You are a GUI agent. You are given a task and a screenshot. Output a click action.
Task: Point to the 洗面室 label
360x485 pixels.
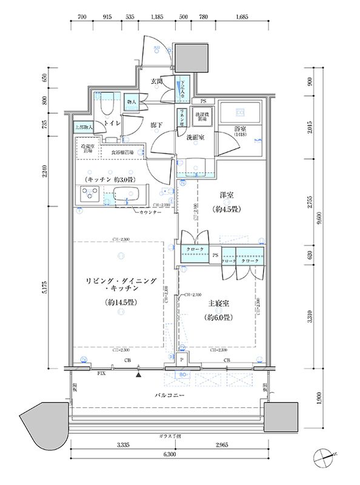click(x=194, y=138)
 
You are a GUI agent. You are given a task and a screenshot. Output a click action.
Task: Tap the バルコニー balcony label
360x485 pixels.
click(x=165, y=396)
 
